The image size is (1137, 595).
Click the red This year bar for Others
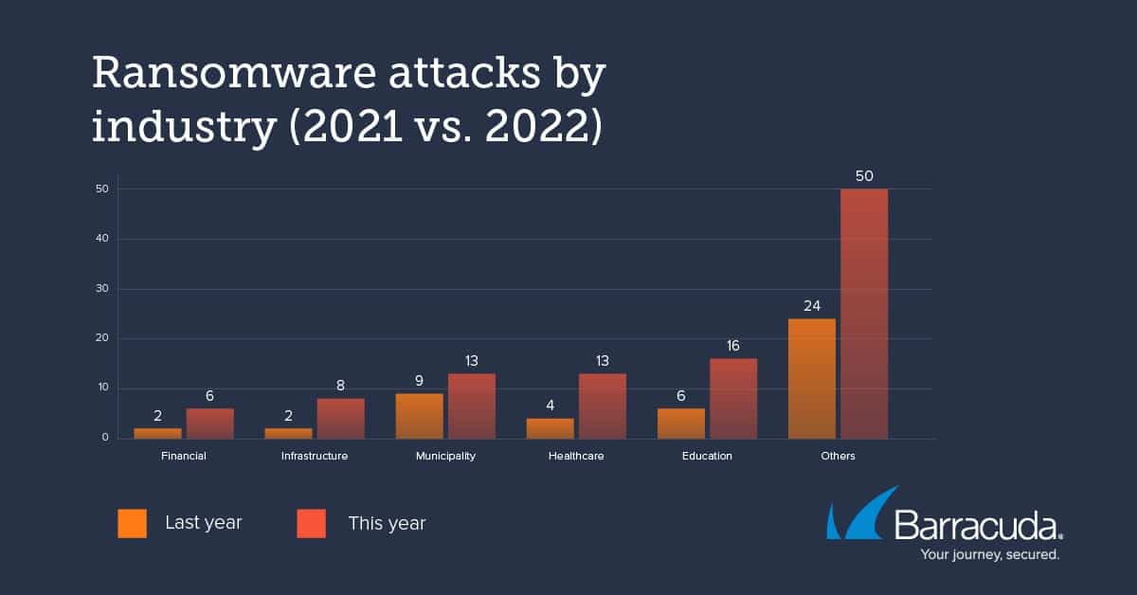click(x=864, y=314)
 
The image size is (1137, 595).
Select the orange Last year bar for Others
click(x=812, y=378)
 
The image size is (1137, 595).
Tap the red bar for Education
click(x=733, y=398)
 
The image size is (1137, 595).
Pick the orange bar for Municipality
click(x=420, y=415)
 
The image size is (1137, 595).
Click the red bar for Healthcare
click(x=603, y=406)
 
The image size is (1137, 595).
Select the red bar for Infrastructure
click(x=340, y=418)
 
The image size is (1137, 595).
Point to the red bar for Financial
click(x=209, y=423)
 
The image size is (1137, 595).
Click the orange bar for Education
click(x=681, y=423)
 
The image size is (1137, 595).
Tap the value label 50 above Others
click(x=864, y=176)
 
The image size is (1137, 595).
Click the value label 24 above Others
click(x=812, y=305)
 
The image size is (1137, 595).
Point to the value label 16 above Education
click(x=733, y=346)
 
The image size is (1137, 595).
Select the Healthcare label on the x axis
click(x=576, y=456)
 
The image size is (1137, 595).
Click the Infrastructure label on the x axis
click(x=315, y=456)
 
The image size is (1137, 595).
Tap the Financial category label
click(x=184, y=456)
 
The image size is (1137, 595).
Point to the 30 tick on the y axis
click(x=101, y=289)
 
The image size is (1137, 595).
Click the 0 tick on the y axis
click(x=105, y=438)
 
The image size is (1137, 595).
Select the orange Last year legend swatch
click(x=132, y=523)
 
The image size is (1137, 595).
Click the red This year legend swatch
click(x=311, y=523)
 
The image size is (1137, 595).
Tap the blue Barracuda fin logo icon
click(x=857, y=516)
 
